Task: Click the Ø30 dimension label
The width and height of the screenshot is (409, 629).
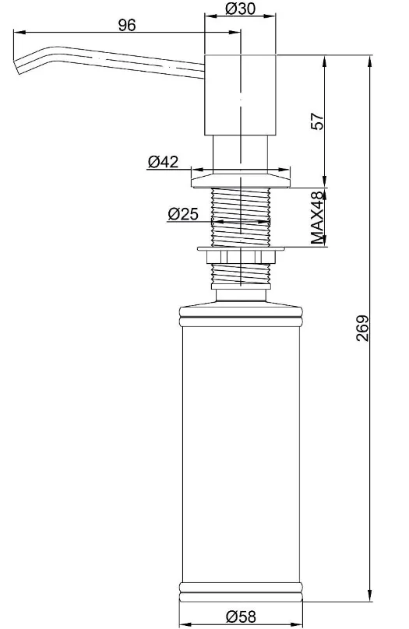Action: click(x=240, y=8)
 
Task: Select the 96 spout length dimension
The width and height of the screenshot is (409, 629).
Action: click(x=127, y=25)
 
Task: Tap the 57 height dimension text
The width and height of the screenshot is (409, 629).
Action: click(x=317, y=121)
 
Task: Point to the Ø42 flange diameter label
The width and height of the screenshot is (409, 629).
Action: click(x=163, y=162)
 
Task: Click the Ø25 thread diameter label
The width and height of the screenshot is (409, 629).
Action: click(x=183, y=214)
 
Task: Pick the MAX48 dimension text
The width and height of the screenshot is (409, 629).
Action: click(x=317, y=217)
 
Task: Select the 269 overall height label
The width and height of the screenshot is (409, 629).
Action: click(x=362, y=329)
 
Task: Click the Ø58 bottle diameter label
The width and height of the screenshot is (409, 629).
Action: click(x=241, y=617)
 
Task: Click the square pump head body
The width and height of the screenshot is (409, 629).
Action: click(x=241, y=95)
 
